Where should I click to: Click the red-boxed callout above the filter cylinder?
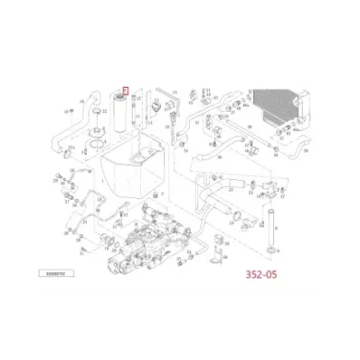(127, 90)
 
